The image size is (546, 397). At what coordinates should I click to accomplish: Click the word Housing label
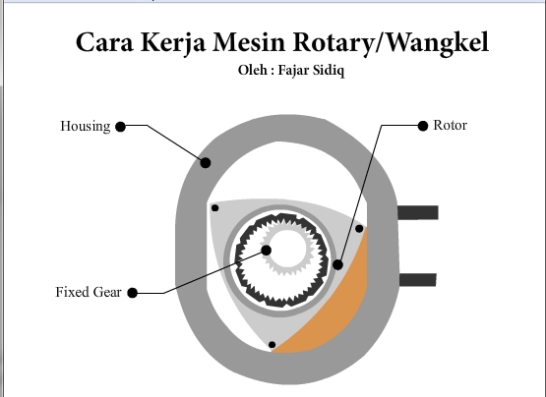click(x=85, y=127)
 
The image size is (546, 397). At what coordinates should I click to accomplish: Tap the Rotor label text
click(x=450, y=126)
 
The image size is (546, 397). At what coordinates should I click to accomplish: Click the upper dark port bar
click(x=417, y=212)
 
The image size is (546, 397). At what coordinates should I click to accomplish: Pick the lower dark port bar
click(x=417, y=279)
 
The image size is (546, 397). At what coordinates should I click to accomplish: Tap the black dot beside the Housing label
click(x=120, y=127)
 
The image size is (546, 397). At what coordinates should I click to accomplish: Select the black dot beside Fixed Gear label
click(x=133, y=292)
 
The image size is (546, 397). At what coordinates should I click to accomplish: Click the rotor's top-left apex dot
click(x=214, y=207)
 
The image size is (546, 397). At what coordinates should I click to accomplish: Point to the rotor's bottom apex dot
click(x=272, y=344)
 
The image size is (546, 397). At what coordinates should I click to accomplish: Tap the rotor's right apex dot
click(x=359, y=229)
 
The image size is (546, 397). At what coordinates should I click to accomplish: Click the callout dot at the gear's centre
click(x=267, y=250)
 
